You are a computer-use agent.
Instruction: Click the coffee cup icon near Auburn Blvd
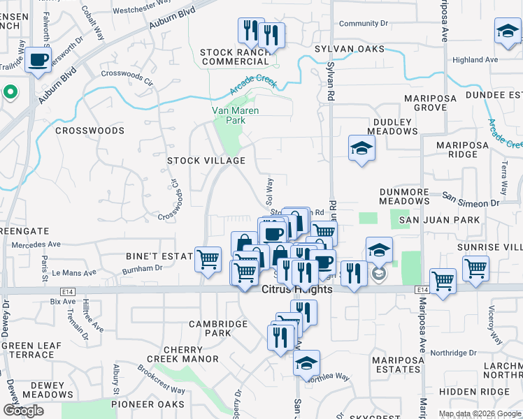[x=38, y=60]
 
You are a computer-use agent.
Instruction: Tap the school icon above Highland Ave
[x=508, y=32]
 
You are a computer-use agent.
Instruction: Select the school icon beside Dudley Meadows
[x=361, y=148]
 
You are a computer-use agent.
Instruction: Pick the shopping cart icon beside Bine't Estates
[x=208, y=260]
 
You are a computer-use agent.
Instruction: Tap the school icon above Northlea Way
[x=306, y=363]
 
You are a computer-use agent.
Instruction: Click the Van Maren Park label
[x=235, y=115]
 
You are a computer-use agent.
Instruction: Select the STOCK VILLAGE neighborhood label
[x=206, y=161]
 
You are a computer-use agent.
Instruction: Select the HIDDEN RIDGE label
[x=485, y=392]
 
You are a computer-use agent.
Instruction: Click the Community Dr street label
[x=364, y=24]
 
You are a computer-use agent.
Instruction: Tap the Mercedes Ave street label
[x=36, y=245]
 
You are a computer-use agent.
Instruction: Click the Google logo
[x=23, y=411]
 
